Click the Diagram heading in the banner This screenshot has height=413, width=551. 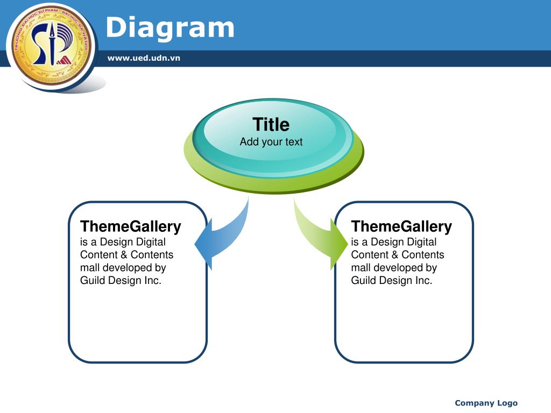coord(170,28)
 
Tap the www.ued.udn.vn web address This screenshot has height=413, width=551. coord(144,58)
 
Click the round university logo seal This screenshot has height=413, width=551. coord(51,46)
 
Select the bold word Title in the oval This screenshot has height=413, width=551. coord(271,124)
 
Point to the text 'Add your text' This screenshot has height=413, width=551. coord(271,142)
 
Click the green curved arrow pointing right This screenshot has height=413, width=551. coord(318,236)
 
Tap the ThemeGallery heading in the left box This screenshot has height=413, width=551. coord(130,226)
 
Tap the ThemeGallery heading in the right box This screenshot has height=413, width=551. coord(401,226)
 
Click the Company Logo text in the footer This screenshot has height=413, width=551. coord(486,403)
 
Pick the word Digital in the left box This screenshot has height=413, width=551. coord(151,243)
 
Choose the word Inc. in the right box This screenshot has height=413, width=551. coord(423,280)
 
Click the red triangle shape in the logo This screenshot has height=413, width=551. coord(65,60)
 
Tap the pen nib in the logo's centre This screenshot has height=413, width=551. coord(52,32)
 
